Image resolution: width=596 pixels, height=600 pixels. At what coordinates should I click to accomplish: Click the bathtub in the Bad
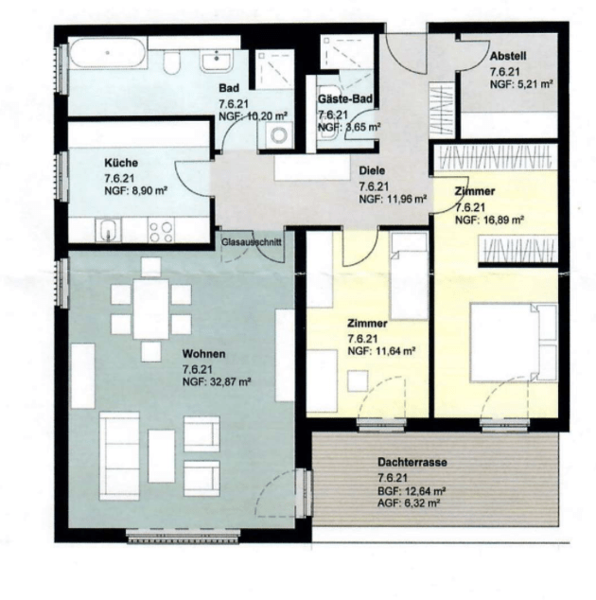point(108,53)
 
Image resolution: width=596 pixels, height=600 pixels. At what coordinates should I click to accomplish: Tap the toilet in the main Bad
point(171,62)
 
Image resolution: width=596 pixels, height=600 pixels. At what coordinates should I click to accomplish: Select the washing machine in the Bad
point(279,135)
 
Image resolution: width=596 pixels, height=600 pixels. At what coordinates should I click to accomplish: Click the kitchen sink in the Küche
point(109,230)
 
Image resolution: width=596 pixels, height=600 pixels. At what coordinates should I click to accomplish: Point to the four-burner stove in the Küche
point(161,232)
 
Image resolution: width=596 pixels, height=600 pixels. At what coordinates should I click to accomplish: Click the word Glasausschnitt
point(252,242)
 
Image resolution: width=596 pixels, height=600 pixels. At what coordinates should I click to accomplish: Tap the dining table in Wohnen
point(150,309)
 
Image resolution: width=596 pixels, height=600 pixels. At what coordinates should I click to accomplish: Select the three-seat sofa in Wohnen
point(119,456)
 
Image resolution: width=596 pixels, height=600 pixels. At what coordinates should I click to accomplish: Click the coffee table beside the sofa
point(162,456)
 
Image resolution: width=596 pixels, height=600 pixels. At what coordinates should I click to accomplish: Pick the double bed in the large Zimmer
point(513,342)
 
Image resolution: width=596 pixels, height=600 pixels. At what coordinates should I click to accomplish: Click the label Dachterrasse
point(412,462)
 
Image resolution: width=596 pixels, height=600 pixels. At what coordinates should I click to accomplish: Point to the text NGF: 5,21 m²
point(521,84)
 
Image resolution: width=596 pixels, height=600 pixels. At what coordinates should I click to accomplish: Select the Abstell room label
point(508,56)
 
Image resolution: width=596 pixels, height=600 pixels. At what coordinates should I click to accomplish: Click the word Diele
point(372,170)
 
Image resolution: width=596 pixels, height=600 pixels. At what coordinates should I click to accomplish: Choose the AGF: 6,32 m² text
point(408,503)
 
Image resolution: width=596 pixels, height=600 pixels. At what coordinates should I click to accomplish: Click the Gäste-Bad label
point(345,98)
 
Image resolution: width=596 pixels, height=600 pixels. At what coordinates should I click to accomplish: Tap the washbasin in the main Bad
point(217,62)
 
